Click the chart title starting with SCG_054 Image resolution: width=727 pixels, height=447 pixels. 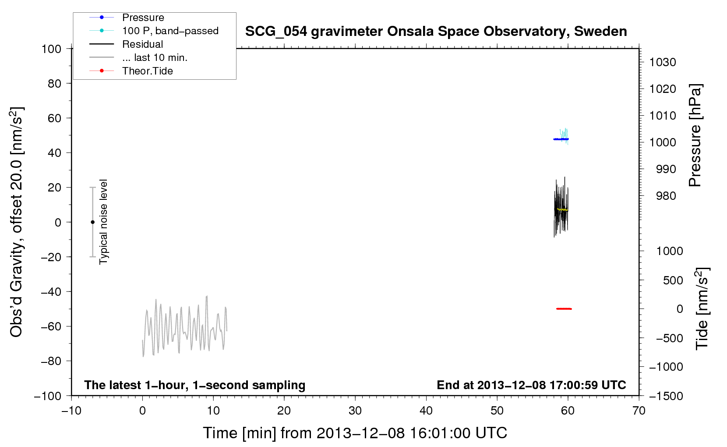click(x=436, y=32)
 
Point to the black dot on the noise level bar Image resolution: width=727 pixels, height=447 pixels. click(x=92, y=222)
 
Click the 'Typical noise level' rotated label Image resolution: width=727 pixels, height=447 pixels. click(x=103, y=222)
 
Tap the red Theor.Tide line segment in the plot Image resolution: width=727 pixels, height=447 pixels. click(x=564, y=309)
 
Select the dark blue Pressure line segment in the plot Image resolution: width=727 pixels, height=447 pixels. click(x=561, y=139)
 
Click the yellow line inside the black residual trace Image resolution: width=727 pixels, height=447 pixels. click(x=562, y=209)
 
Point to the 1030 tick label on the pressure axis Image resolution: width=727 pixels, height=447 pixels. click(x=663, y=62)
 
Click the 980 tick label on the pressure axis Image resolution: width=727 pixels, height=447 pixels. click(x=666, y=196)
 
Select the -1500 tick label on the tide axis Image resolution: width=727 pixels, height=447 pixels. click(x=666, y=396)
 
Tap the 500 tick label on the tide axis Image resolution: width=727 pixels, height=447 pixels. click(x=673, y=280)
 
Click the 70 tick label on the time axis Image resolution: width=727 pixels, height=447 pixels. click(x=639, y=411)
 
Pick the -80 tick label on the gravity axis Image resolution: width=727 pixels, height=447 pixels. click(x=51, y=361)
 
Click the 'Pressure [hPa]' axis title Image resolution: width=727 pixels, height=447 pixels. click(x=695, y=135)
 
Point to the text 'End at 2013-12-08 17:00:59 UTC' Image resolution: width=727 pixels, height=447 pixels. click(x=531, y=385)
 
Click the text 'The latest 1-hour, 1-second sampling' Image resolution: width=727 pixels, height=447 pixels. click(x=195, y=385)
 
